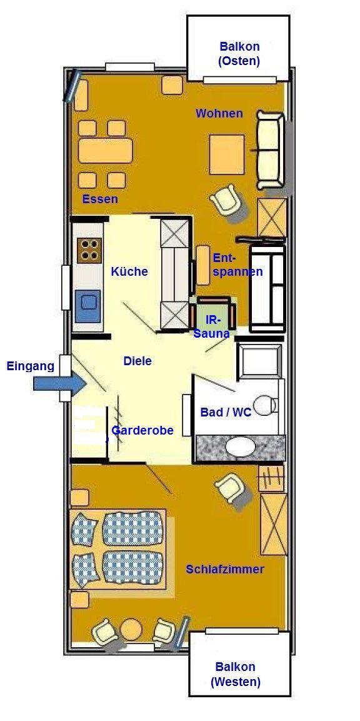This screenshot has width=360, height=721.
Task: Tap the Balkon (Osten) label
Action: coord(239,53)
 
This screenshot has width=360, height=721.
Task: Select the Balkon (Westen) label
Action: coord(236,673)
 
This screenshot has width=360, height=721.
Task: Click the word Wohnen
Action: coord(219,113)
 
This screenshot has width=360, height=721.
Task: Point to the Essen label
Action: coord(100,199)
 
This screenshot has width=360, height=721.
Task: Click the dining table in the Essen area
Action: coord(105,150)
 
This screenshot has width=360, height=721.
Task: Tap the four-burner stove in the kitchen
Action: coord(89,251)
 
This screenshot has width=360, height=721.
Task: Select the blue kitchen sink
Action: coord(88,306)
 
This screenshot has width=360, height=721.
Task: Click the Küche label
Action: coord(129,271)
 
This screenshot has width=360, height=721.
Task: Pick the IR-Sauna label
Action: coord(211,326)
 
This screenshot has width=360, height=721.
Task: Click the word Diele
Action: coord(137,361)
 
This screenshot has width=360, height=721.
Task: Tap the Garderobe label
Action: coord(142,430)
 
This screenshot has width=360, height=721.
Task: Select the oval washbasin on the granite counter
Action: coord(240,446)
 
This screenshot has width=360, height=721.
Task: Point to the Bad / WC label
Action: coord(226,413)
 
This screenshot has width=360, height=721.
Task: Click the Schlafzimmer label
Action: coord(225,569)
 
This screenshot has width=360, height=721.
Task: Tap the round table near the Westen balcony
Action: coord(131,628)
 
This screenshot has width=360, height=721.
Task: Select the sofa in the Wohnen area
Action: coord(269,150)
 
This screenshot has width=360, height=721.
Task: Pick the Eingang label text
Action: coord(31,366)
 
